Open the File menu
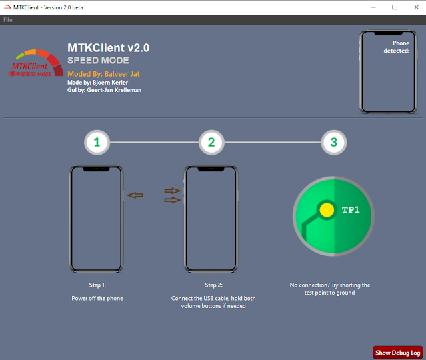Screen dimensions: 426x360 pyautogui.click(x=7, y=20)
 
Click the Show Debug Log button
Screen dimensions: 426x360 pyautogui.click(x=398, y=353)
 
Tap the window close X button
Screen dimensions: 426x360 pyautogui.click(x=416, y=7)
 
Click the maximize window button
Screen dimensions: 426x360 pyautogui.click(x=395, y=7)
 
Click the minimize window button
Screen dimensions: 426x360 pyautogui.click(x=373, y=7)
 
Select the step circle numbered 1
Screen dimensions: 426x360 pyautogui.click(x=97, y=143)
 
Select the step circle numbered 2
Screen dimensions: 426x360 pyautogui.click(x=211, y=143)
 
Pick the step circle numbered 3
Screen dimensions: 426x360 pyautogui.click(x=333, y=143)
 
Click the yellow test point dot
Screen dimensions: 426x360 pyautogui.click(x=327, y=210)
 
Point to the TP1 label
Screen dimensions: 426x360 pyautogui.click(x=351, y=210)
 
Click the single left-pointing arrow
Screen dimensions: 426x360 pyautogui.click(x=135, y=195)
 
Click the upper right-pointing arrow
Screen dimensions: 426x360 pyautogui.click(x=173, y=191)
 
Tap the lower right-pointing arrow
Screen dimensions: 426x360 pyautogui.click(x=173, y=200)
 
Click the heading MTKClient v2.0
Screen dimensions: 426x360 pyautogui.click(x=109, y=48)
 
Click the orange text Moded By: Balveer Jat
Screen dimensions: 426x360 pyautogui.click(x=103, y=74)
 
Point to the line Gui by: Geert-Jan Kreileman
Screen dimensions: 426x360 pyautogui.click(x=104, y=90)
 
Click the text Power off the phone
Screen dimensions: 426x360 pyautogui.click(x=97, y=298)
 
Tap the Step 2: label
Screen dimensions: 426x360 pyautogui.click(x=214, y=285)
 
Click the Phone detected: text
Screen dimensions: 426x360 pyautogui.click(x=397, y=47)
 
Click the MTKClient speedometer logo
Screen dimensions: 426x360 pyautogui.click(x=36, y=63)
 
